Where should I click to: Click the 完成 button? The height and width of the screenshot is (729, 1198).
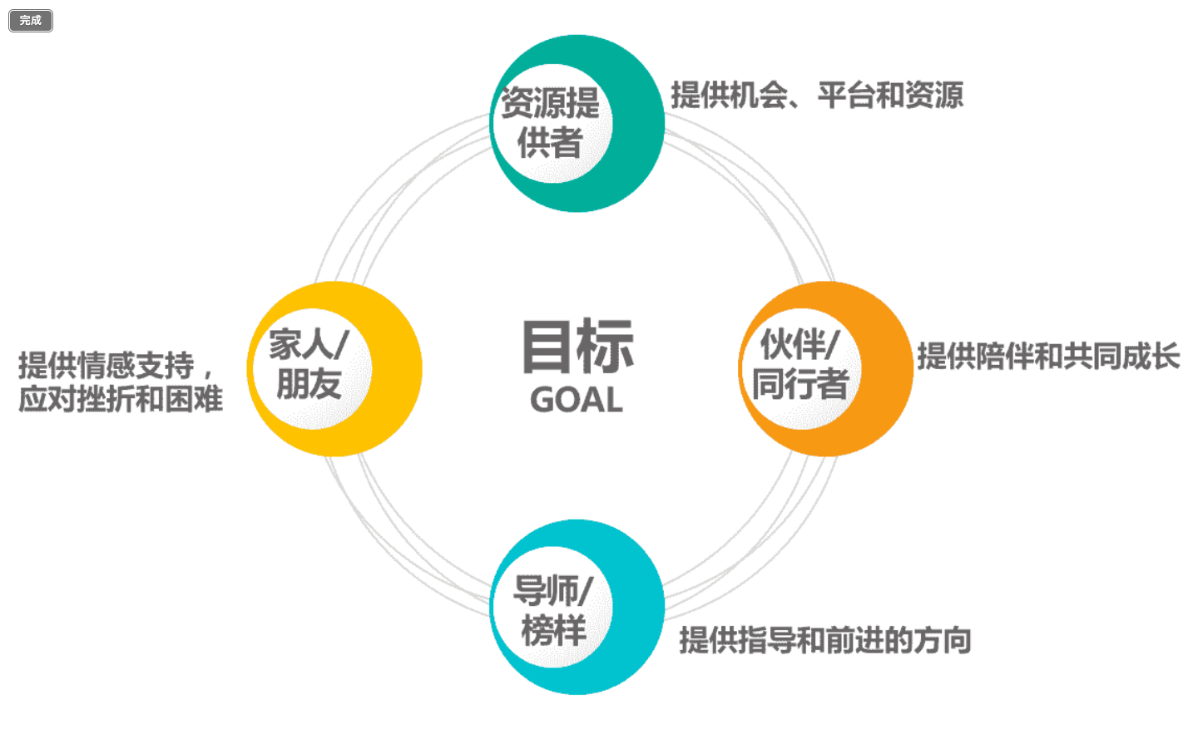tap(31, 21)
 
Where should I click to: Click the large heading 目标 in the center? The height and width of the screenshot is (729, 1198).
tap(577, 347)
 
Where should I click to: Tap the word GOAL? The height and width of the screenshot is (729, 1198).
tap(577, 401)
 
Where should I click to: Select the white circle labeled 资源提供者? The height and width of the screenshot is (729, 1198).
tap(552, 123)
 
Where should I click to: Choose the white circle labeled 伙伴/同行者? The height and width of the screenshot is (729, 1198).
tap(800, 367)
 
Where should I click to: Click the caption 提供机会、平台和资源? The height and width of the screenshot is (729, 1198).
tap(817, 96)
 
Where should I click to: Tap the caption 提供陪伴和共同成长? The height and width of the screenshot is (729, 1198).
tap(1048, 357)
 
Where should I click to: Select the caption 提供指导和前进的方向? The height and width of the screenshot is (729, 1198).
tap(825, 641)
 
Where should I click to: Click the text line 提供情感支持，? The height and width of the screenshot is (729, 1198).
tap(116, 365)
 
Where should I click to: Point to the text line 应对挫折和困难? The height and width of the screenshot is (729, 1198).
tap(121, 400)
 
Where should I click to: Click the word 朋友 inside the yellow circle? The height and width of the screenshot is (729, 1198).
tap(309, 385)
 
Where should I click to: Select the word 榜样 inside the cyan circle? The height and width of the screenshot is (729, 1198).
tap(553, 629)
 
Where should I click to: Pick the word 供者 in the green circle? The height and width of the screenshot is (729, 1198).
tap(550, 143)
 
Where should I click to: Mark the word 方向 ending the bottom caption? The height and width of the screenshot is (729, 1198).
tap(943, 641)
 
